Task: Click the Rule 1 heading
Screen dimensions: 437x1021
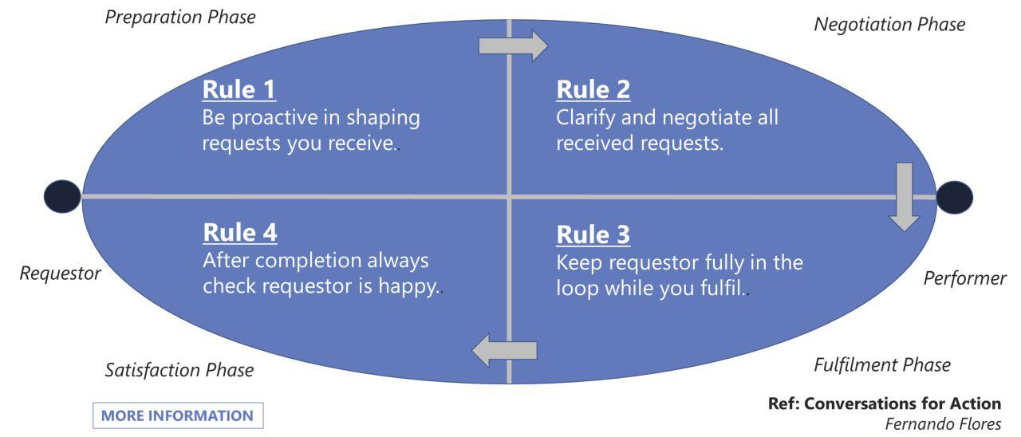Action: (239, 89)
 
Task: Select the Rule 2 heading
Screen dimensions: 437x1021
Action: (593, 89)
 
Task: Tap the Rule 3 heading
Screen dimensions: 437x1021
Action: (593, 234)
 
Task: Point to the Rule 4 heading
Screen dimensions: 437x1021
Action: (240, 232)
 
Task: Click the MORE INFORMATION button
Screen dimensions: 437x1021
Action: (177, 415)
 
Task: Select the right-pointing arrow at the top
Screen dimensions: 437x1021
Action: (513, 45)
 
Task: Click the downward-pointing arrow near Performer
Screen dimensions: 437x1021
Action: (905, 196)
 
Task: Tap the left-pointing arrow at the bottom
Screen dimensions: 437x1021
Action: (505, 350)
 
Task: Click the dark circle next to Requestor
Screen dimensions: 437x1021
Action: (62, 196)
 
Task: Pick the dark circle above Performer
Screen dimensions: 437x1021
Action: (955, 197)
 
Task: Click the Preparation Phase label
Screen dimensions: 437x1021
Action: (180, 17)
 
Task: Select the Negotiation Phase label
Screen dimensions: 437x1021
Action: (889, 25)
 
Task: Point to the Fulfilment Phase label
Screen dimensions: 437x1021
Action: (882, 365)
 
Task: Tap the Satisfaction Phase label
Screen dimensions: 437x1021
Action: (179, 370)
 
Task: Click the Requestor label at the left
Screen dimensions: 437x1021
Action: (61, 274)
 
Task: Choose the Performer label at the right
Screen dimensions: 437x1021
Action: (965, 278)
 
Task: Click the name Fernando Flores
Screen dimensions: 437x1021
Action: (943, 424)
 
